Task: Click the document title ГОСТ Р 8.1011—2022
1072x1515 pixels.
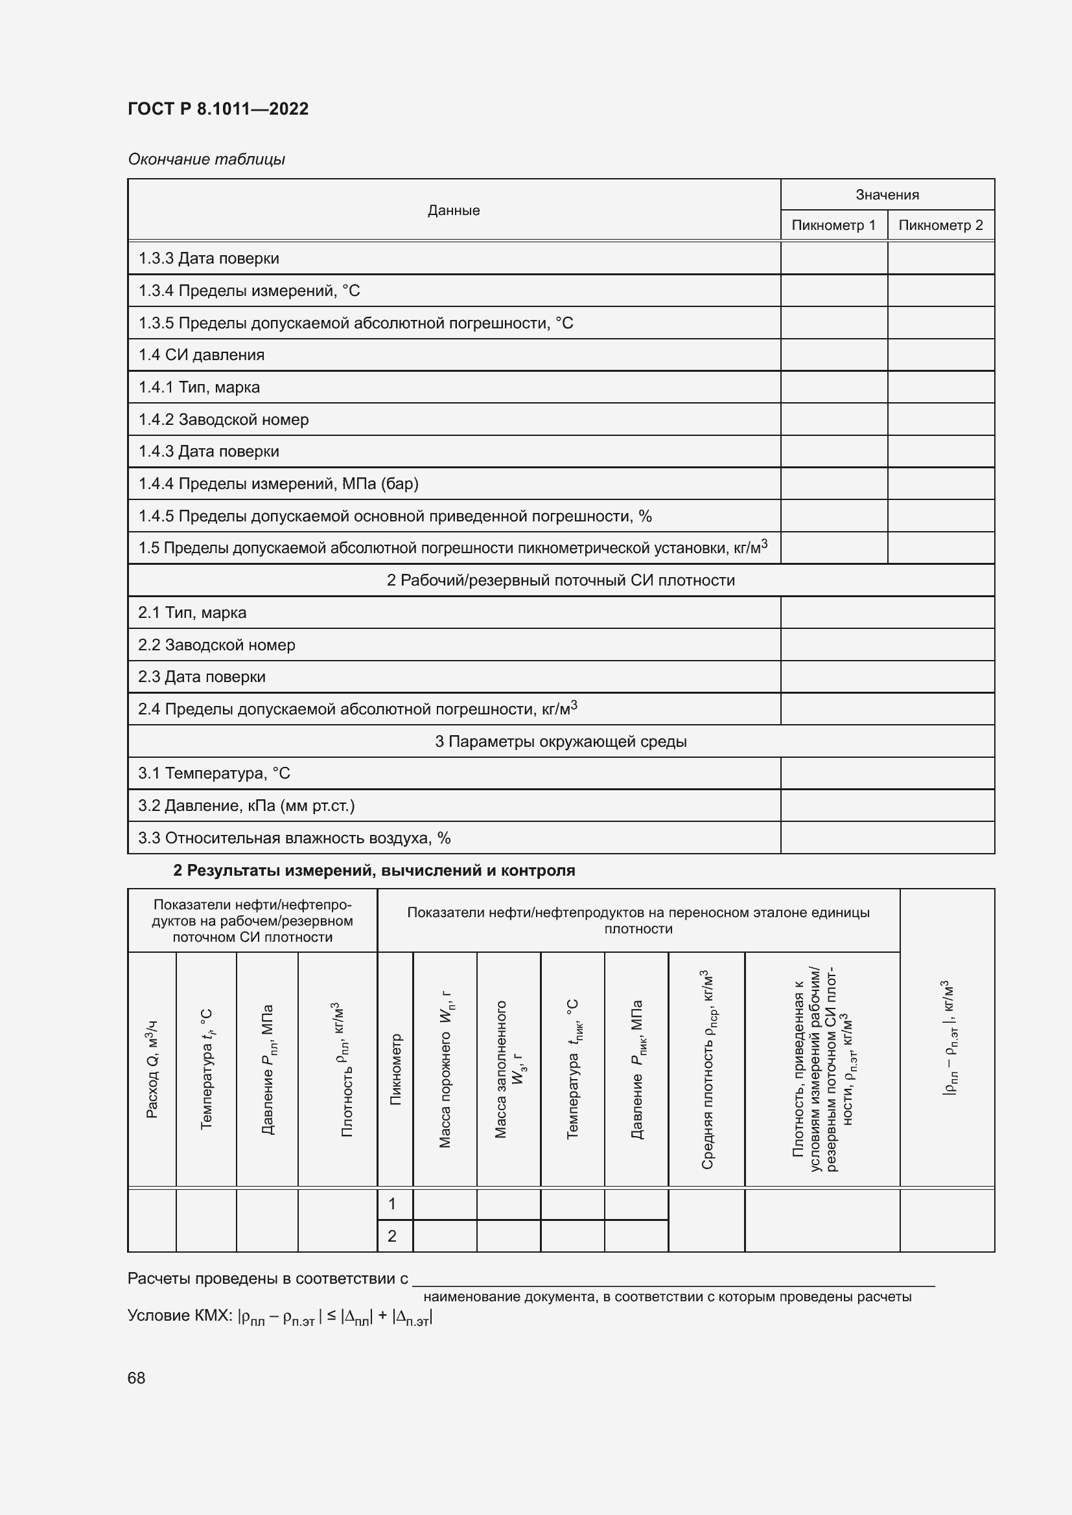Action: (x=218, y=109)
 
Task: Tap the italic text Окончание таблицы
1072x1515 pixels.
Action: (x=206, y=159)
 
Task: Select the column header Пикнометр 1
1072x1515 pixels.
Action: (x=833, y=225)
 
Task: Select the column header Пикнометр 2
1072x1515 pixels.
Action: (x=940, y=225)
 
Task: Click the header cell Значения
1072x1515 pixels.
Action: (x=887, y=195)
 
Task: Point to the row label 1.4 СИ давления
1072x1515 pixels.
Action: (x=202, y=355)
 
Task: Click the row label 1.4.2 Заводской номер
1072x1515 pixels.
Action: (x=223, y=420)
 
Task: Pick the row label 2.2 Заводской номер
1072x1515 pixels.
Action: (x=216, y=644)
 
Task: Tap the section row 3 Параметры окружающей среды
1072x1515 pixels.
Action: (x=561, y=741)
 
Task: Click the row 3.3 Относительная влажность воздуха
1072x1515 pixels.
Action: (x=294, y=838)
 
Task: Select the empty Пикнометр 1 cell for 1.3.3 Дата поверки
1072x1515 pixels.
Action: (x=833, y=258)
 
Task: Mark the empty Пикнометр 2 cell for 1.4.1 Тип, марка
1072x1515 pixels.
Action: (x=940, y=387)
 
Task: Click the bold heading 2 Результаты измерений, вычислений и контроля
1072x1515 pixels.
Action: (x=374, y=871)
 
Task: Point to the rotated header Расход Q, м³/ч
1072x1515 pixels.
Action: (x=152, y=1069)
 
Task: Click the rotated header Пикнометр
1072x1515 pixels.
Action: (x=395, y=1069)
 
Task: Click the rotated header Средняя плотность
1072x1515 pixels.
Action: (x=707, y=1069)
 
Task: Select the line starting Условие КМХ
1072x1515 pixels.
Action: (x=280, y=1317)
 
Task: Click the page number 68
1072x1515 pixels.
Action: (x=137, y=1378)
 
